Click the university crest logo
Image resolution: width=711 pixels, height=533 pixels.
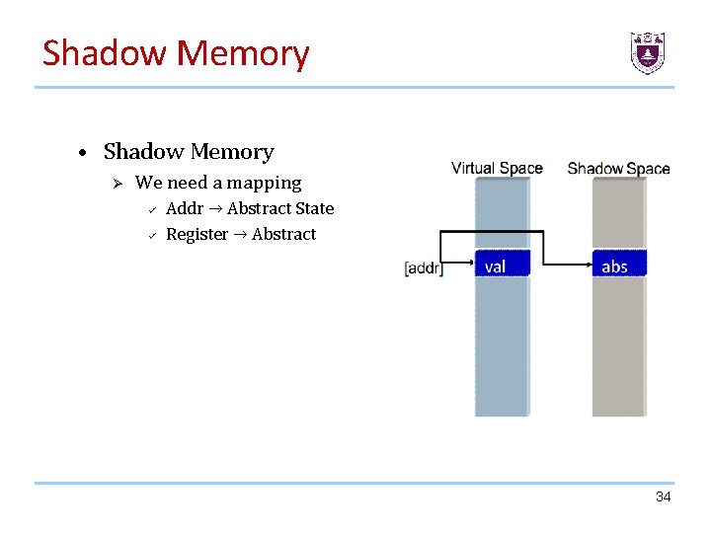[648, 52]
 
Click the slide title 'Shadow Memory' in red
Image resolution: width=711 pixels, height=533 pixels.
[176, 53]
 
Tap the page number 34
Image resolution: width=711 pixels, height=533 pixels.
[663, 496]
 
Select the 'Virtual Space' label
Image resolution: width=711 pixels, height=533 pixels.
[497, 168]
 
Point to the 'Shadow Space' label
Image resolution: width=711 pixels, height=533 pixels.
[618, 169]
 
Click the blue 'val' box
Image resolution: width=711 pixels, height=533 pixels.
[503, 266]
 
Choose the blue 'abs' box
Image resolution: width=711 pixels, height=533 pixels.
[618, 266]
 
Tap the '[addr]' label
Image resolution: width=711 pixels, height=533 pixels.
[424, 267]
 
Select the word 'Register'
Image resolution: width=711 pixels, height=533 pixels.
[197, 234]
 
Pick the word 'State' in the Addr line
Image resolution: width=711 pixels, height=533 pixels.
[313, 208]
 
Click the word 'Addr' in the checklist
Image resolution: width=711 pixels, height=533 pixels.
[185, 208]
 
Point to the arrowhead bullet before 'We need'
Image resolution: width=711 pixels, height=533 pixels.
[116, 184]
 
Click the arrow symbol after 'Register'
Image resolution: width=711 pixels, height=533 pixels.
[240, 235]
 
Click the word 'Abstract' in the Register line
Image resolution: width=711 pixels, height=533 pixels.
[284, 234]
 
